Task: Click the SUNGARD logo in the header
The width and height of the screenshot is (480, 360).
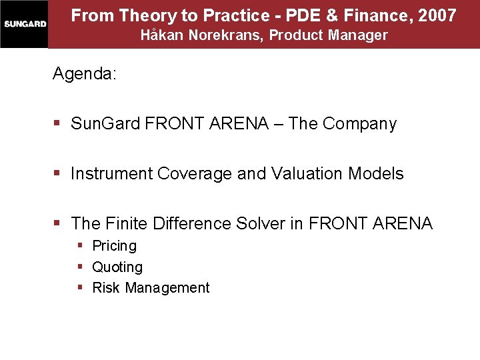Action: [x=24, y=24]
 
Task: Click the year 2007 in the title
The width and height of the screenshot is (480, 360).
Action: [x=438, y=15]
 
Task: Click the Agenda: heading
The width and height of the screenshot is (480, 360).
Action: [x=85, y=74]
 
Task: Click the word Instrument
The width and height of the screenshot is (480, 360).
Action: [x=111, y=174]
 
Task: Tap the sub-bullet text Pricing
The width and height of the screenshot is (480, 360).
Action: [x=114, y=246]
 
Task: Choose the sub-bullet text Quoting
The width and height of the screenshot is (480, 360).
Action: [x=117, y=267]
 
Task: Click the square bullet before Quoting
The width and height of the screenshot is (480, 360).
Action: [x=80, y=267]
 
